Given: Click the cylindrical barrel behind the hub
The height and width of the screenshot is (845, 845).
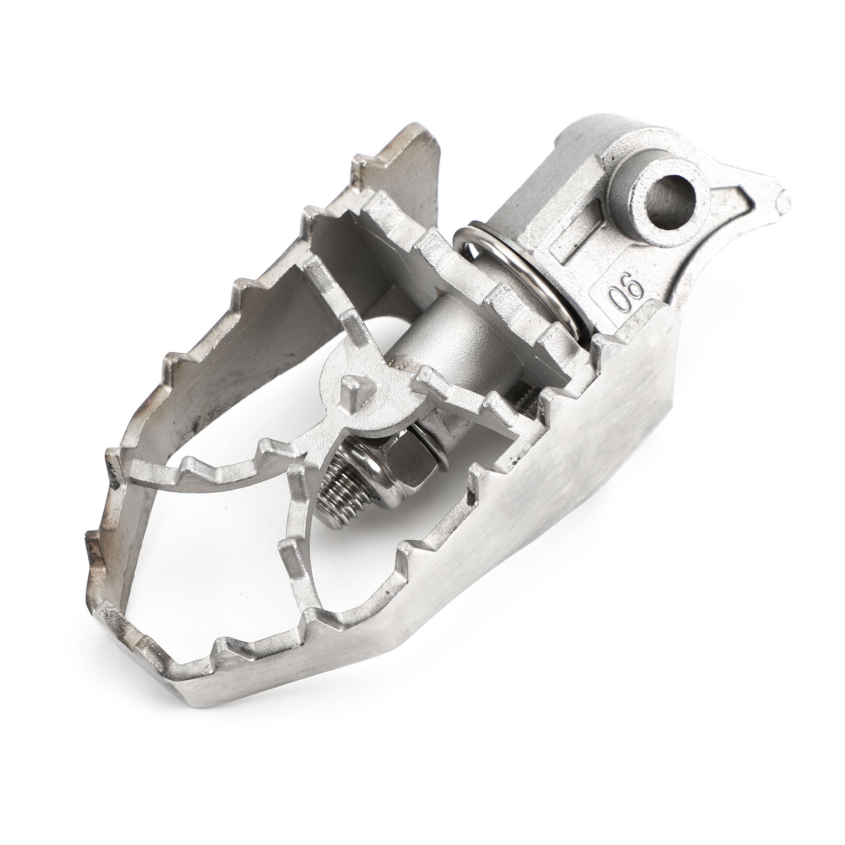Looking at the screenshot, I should (454, 338).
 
